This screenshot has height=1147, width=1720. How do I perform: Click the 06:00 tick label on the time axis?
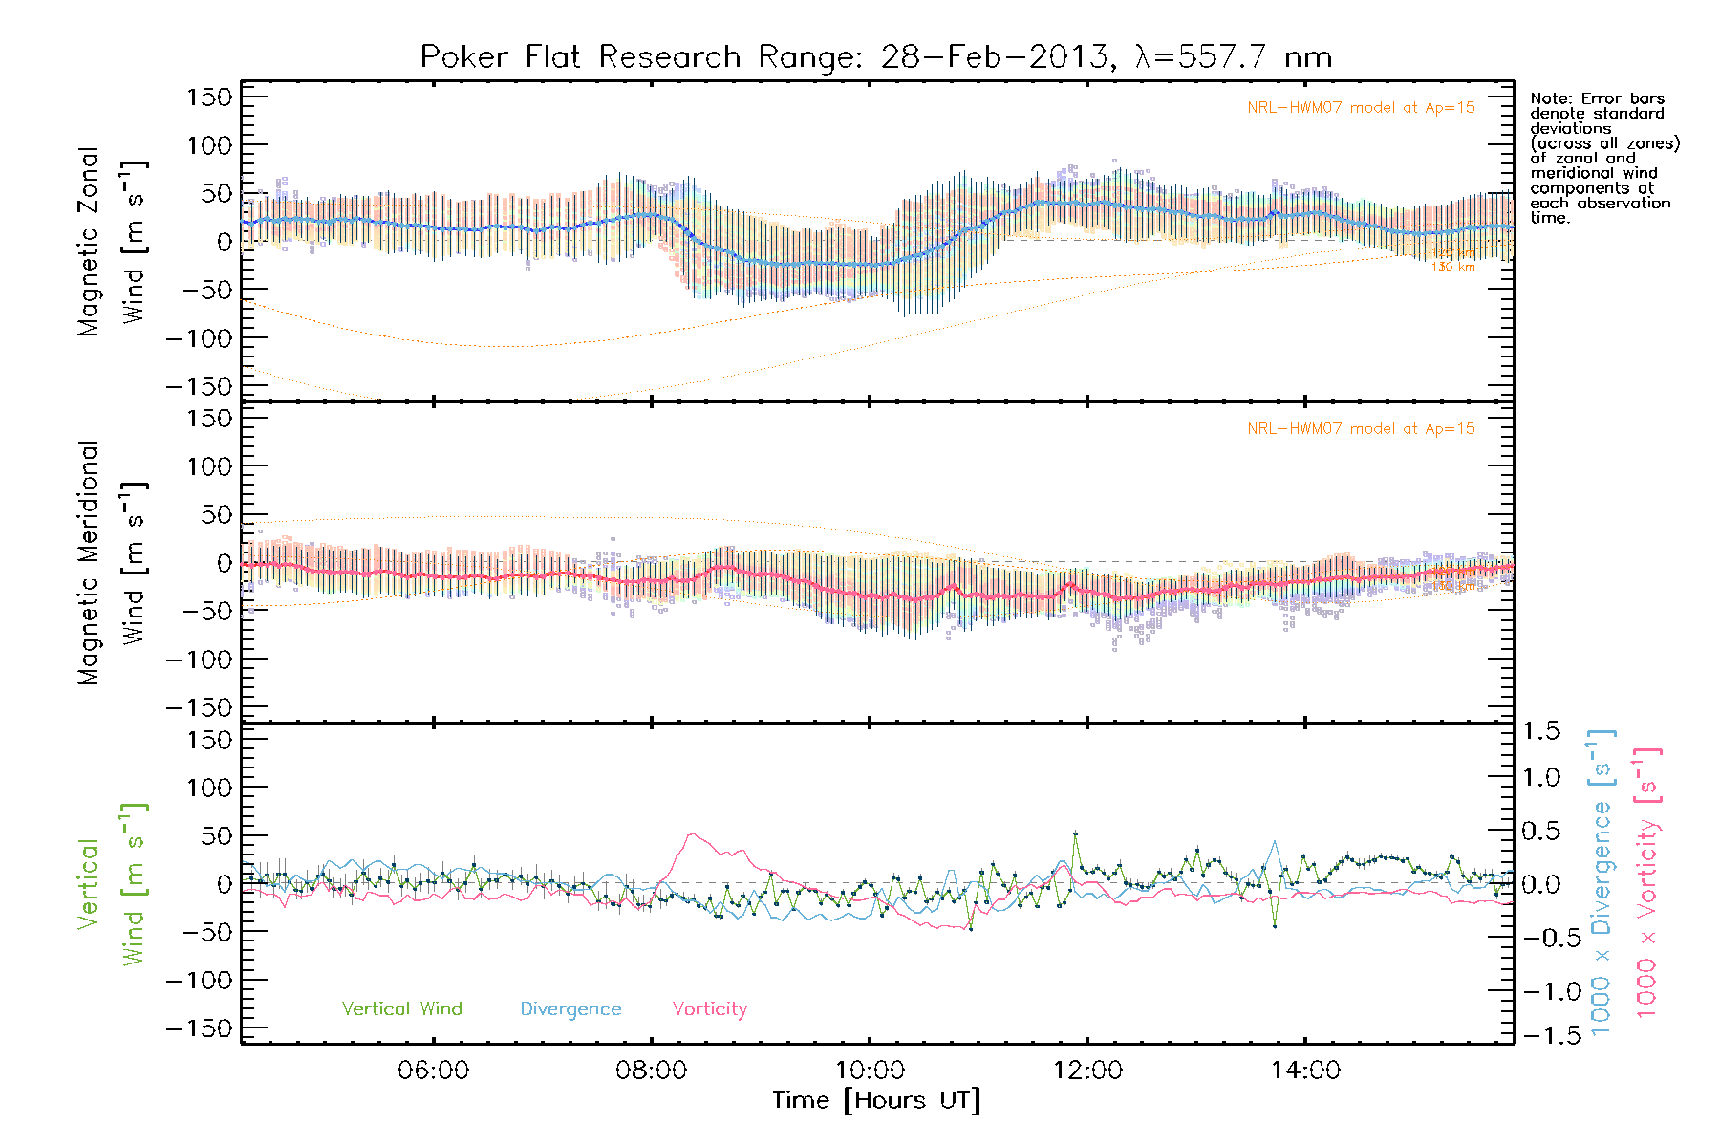coord(433,1071)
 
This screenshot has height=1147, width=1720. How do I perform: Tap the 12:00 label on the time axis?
coord(1087,1071)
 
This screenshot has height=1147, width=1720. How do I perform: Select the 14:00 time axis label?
coord(1305,1071)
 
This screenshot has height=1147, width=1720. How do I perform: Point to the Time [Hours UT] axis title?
coord(876,1100)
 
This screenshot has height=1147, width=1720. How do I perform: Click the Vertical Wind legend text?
coord(401,1009)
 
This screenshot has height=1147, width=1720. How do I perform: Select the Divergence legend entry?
coord(570,1009)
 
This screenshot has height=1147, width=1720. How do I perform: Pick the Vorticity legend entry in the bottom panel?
coord(709,1009)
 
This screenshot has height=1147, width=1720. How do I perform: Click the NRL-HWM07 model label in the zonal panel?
coord(1361,108)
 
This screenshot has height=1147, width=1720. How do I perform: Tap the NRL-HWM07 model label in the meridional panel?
coord(1361,429)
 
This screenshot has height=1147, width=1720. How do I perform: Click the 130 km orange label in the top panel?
coord(1452,267)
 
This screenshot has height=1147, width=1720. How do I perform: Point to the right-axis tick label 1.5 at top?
coord(1540,731)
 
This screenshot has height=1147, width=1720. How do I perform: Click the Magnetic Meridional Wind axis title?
coord(112,563)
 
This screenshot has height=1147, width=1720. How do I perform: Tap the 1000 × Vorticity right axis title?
coord(1646,882)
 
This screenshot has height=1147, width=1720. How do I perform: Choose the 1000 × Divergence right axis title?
coord(1602,882)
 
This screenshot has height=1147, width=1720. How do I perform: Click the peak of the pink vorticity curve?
coord(692,834)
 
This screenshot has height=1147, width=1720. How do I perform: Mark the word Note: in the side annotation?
coord(1549,98)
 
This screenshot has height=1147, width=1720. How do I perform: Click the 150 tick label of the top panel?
coord(209,97)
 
